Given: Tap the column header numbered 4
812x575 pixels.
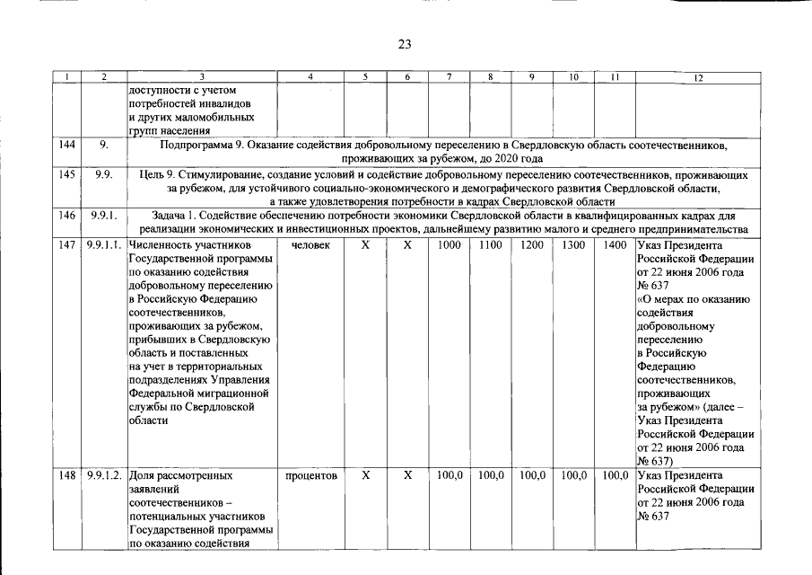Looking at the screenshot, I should [310, 78].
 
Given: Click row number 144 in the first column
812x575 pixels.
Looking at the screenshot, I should [66, 145].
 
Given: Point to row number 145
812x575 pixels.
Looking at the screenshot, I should [66, 175].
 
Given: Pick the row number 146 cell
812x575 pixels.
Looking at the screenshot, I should [66, 216].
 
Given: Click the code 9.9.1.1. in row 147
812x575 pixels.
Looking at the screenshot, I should [105, 245].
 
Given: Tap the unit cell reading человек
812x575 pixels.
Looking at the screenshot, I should [310, 245].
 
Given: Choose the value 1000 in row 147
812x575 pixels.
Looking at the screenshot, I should [450, 245].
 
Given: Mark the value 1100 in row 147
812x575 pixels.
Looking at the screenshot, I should [491, 245].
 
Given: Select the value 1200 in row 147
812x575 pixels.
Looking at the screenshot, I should [532, 245].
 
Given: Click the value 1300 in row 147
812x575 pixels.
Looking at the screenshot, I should [573, 245].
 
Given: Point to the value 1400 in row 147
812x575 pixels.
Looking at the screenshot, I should [615, 245].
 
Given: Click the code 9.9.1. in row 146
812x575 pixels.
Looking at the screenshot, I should [105, 216].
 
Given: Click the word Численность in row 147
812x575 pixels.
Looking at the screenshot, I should [162, 245].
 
